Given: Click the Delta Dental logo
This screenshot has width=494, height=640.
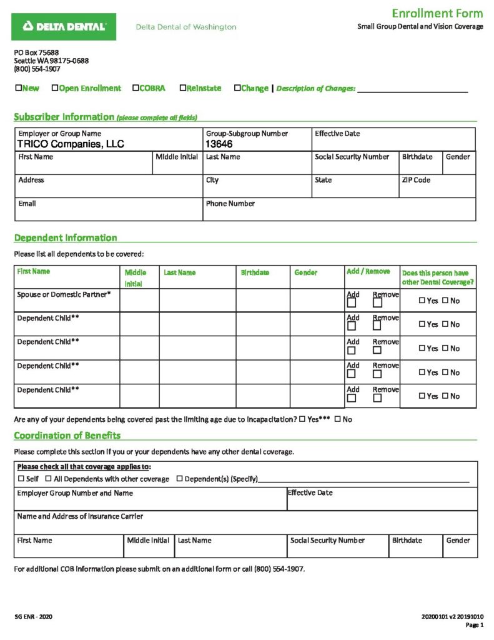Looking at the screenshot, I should tap(64, 26).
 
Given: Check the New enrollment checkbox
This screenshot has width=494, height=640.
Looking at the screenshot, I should tap(18, 88).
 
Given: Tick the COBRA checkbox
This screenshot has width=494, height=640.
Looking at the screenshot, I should tap(136, 88).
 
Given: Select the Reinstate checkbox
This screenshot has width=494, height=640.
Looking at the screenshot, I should tap(183, 88).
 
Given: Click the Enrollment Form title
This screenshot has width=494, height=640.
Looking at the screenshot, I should tap(437, 13).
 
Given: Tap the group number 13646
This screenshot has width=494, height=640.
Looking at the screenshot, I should tap(219, 144).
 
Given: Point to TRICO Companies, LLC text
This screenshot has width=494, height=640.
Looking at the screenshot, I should tap(71, 144).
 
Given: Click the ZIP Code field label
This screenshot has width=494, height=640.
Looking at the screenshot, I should tap(416, 180).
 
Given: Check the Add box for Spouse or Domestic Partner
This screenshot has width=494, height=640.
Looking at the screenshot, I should tap(352, 303).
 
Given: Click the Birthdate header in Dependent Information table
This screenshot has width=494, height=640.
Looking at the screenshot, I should tap(255, 272).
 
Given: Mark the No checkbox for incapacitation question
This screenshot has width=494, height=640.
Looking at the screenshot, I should tap(337, 419).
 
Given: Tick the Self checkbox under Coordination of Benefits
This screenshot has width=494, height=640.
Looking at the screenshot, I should tap(21, 479).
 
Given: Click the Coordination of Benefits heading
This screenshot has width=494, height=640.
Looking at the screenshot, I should tap(67, 436).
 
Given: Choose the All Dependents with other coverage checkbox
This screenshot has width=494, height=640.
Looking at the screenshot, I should tap(48, 479).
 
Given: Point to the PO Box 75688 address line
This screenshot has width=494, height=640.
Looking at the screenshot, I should tap(36, 52).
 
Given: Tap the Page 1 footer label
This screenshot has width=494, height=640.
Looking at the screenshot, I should tap(475, 625).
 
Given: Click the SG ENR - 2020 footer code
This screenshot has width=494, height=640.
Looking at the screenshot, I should tap(34, 617).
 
